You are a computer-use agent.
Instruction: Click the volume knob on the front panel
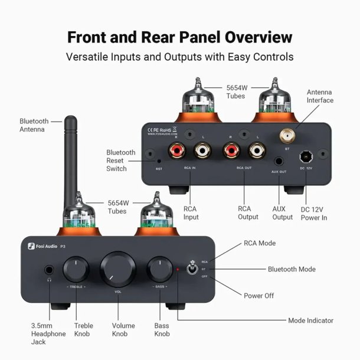click(x=118, y=269)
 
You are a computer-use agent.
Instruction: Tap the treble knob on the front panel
click(x=75, y=269)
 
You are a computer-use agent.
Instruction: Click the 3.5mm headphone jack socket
click(x=50, y=271)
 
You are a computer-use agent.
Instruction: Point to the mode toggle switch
click(x=192, y=269)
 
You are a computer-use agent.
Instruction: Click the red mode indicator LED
click(x=178, y=270)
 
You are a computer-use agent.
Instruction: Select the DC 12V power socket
click(x=306, y=158)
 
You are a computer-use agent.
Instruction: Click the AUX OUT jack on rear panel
click(x=279, y=161)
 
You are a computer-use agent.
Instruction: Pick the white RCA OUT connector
click(x=257, y=153)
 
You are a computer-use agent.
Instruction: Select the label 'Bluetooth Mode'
click(x=292, y=269)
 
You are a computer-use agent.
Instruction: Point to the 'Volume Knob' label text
click(x=123, y=330)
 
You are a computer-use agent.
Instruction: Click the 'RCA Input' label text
click(x=191, y=212)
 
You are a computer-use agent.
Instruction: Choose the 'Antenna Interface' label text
click(x=320, y=96)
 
